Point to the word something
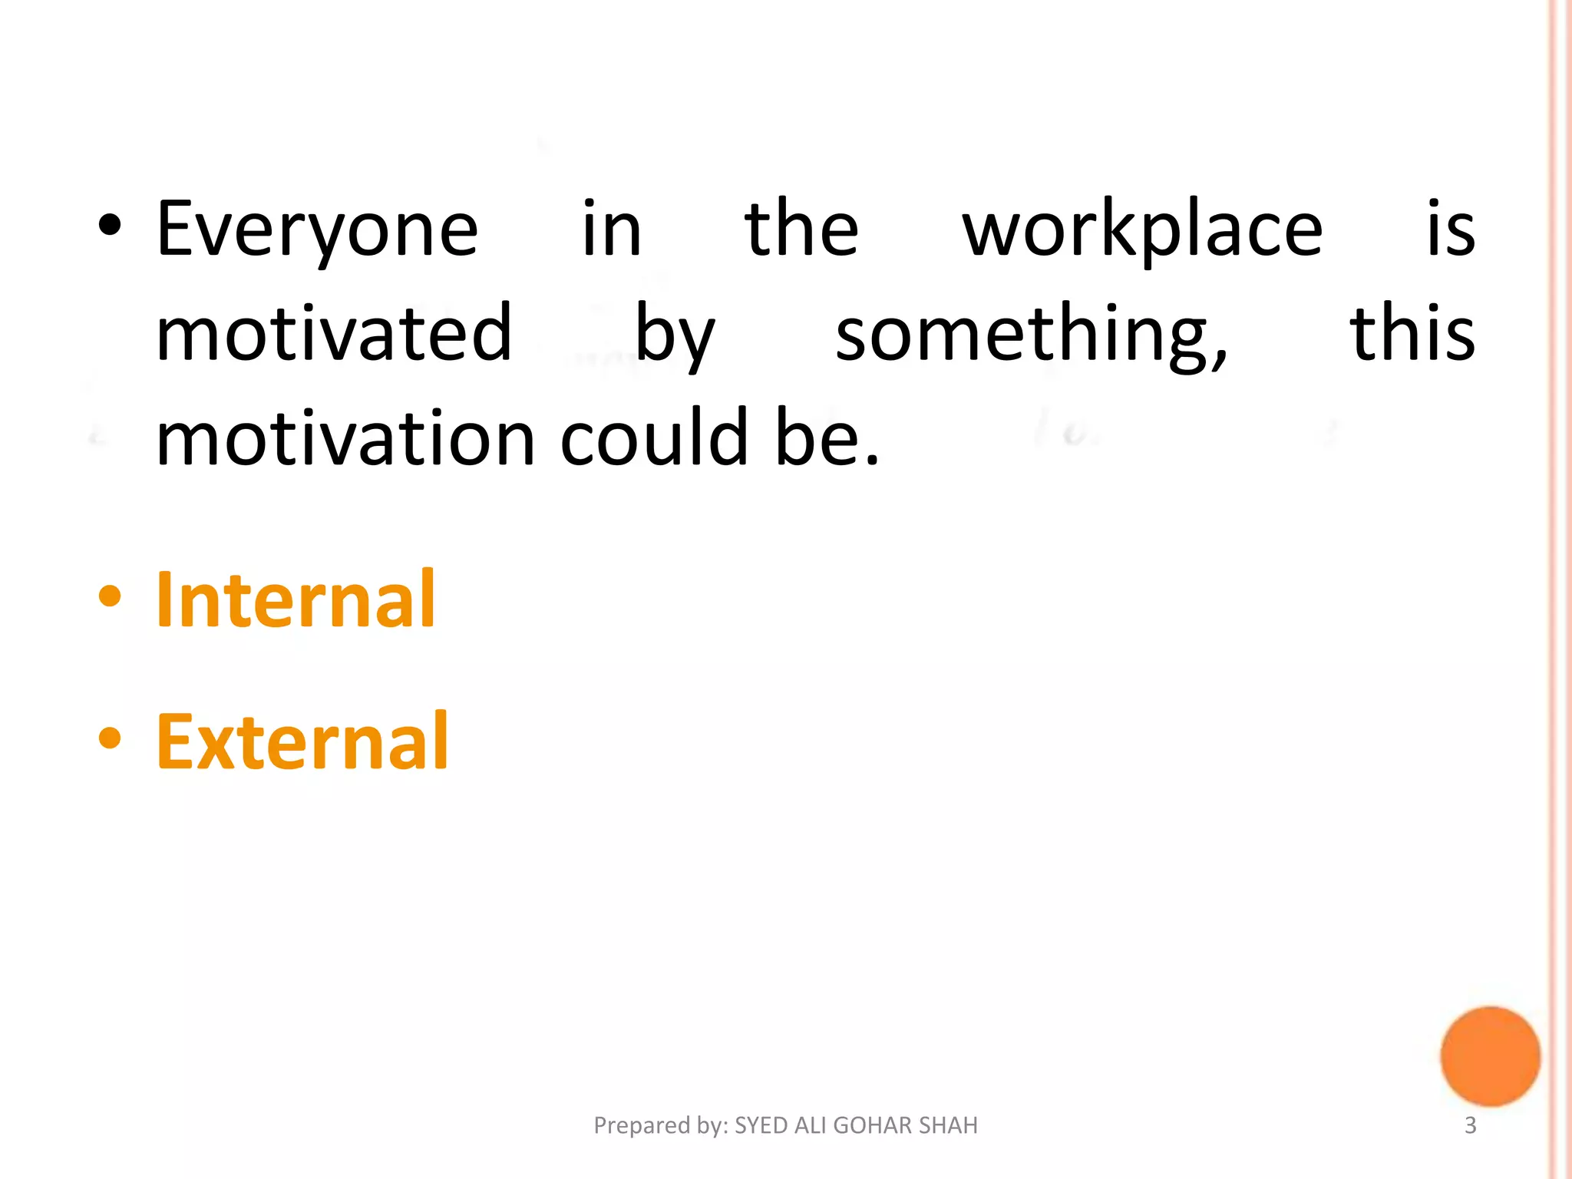point(1031,335)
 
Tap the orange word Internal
point(296,599)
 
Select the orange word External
point(302,741)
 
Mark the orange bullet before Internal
point(110,596)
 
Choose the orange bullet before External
point(110,738)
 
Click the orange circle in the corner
point(1490,1056)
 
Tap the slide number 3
point(1470,1125)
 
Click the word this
point(1412,333)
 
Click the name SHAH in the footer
point(948,1125)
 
